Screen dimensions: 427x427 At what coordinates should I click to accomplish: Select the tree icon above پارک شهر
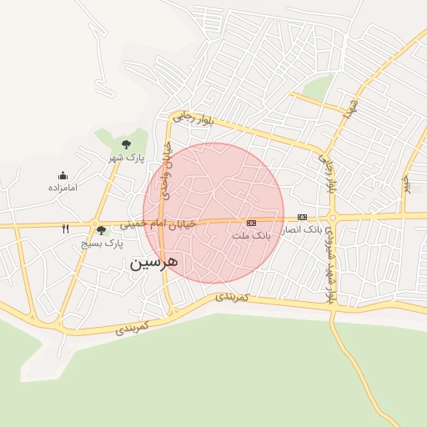(x=126, y=144)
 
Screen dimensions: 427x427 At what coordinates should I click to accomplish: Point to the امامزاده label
(x=63, y=188)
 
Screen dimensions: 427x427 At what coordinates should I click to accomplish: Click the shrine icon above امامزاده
(x=63, y=175)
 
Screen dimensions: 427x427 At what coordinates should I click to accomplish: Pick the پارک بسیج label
(x=102, y=244)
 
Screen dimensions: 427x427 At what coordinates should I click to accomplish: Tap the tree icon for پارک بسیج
(x=101, y=230)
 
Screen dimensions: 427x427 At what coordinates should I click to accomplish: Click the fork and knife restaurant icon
(x=66, y=229)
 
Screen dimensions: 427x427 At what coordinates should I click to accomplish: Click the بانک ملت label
(x=252, y=236)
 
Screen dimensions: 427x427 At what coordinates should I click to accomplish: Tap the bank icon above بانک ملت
(x=251, y=223)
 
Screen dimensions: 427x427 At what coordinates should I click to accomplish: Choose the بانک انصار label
(x=301, y=229)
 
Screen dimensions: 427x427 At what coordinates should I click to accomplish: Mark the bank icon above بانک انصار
(x=302, y=217)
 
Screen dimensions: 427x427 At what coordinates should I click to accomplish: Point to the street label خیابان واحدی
(x=166, y=170)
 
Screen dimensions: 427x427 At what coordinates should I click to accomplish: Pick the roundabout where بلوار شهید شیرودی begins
(x=332, y=218)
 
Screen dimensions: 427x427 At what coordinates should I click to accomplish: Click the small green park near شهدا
(x=318, y=86)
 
